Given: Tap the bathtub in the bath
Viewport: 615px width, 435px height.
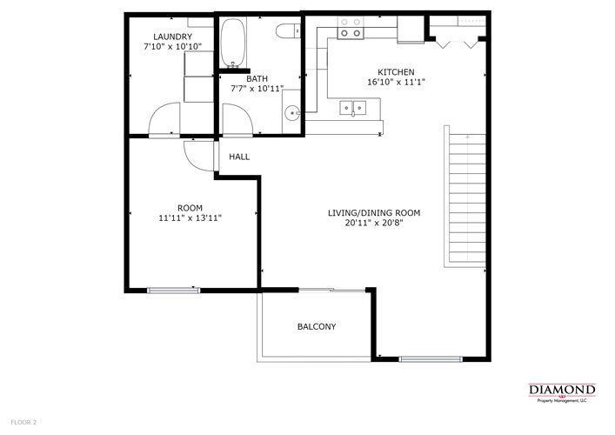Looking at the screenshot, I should click(232, 44).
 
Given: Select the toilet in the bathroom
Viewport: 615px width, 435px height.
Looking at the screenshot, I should click(284, 31).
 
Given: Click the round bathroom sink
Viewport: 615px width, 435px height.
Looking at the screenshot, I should click(292, 111).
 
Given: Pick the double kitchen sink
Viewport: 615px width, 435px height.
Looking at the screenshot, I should click(354, 109).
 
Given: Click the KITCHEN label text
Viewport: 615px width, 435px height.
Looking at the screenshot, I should click(395, 72).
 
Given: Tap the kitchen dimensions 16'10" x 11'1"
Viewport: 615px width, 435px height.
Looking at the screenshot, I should click(395, 83).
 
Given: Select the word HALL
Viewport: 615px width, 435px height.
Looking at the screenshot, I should click(239, 157).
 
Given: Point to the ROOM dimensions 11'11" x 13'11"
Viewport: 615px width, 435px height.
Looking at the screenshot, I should click(190, 218).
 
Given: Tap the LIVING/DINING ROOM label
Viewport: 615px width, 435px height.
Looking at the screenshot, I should click(374, 212).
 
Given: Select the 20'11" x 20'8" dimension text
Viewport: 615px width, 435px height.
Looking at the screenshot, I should click(374, 223).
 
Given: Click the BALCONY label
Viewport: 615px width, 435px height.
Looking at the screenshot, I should click(317, 327).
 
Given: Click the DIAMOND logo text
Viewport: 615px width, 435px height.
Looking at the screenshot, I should click(562, 389).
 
